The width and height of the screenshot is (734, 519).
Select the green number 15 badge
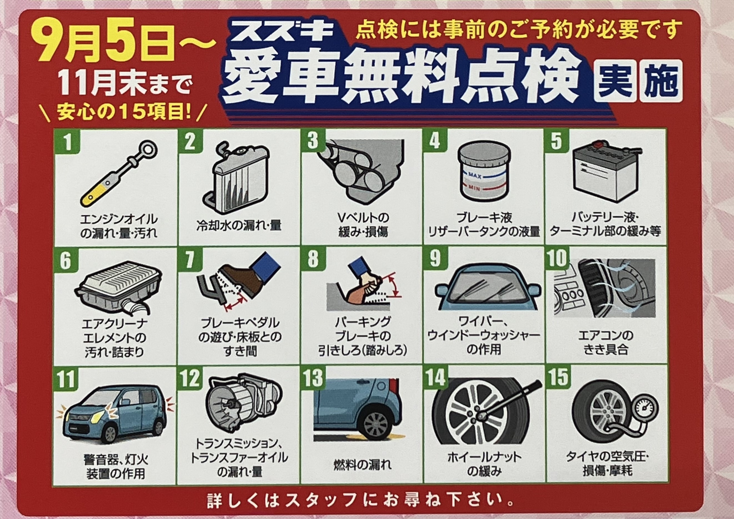tap(558, 377)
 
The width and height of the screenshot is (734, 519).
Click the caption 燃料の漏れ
tap(362, 464)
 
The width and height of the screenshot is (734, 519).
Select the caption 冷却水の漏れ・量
tap(239, 225)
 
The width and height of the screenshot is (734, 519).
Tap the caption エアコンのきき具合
tap(606, 342)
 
